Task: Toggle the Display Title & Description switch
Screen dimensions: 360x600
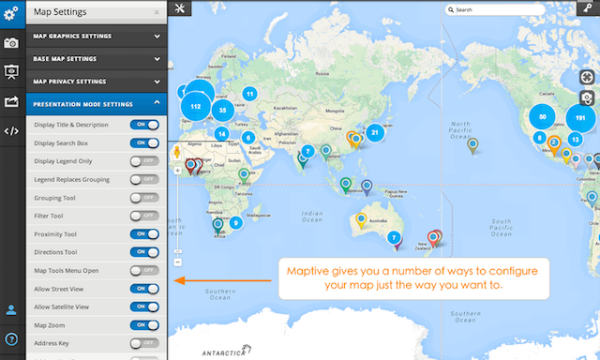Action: (144, 125)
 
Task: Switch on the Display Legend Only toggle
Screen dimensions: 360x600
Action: (144, 161)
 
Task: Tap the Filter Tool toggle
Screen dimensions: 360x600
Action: (144, 215)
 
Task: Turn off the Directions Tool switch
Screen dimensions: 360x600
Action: (144, 251)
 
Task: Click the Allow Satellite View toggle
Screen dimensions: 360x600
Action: (144, 306)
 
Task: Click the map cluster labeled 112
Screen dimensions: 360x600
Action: (196, 106)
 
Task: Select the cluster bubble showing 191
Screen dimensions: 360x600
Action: (580, 118)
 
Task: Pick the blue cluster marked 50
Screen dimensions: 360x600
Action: (542, 116)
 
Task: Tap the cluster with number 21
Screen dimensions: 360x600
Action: (375, 132)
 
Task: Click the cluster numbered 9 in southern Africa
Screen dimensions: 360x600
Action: (235, 222)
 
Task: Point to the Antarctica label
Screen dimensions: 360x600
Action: (225, 352)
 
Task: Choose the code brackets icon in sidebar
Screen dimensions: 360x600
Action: (12, 130)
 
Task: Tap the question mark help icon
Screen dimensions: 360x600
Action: (12, 339)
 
